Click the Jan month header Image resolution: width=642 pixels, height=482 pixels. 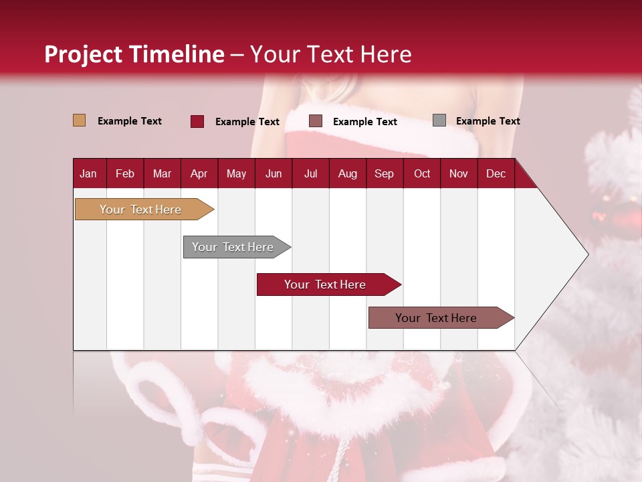(x=88, y=173)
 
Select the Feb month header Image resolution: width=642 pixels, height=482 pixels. (x=125, y=173)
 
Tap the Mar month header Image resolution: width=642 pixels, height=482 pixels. (x=162, y=173)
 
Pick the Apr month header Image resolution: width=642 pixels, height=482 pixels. (x=199, y=173)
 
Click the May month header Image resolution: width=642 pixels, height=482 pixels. (x=236, y=173)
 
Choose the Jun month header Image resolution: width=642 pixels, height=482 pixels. (x=274, y=173)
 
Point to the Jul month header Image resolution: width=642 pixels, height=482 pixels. (x=310, y=173)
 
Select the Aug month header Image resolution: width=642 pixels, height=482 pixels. (x=348, y=173)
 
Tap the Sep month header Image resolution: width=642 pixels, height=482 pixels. (x=384, y=173)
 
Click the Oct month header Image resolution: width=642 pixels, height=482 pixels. (x=422, y=173)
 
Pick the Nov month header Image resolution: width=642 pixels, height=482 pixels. (x=459, y=173)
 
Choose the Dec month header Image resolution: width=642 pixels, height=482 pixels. (x=496, y=173)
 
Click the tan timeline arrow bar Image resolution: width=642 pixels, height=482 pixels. (x=141, y=210)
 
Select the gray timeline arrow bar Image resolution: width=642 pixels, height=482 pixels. (x=233, y=247)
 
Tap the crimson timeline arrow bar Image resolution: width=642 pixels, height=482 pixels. (x=326, y=285)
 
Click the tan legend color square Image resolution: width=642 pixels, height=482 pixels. (x=79, y=120)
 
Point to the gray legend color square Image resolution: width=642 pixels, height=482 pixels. (x=439, y=120)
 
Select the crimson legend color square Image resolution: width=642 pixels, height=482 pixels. (x=197, y=121)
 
